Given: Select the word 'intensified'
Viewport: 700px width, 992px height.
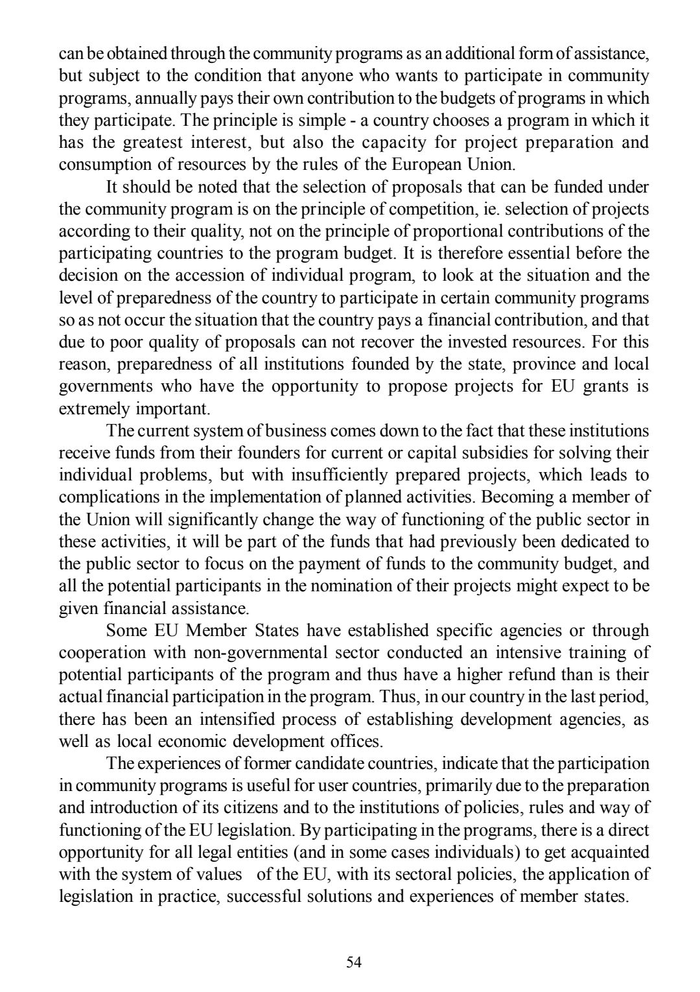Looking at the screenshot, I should coord(246,719).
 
